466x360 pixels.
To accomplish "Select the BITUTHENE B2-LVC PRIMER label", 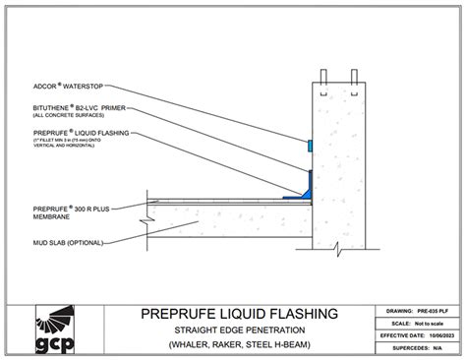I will point(71,110).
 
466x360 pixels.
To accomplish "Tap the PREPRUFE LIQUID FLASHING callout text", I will point(68,132).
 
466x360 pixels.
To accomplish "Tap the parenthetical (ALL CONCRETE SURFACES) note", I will point(67,117).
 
